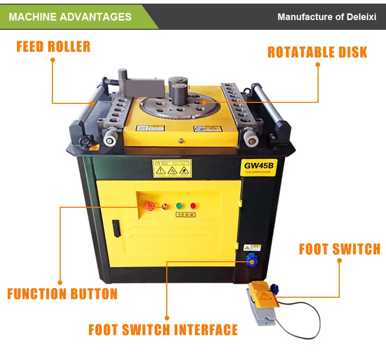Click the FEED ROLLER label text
54,46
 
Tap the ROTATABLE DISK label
317,52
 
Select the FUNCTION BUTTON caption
62,294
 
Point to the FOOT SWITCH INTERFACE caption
163,330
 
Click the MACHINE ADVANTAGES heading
70,16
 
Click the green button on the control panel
180,206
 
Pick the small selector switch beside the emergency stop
164,206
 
